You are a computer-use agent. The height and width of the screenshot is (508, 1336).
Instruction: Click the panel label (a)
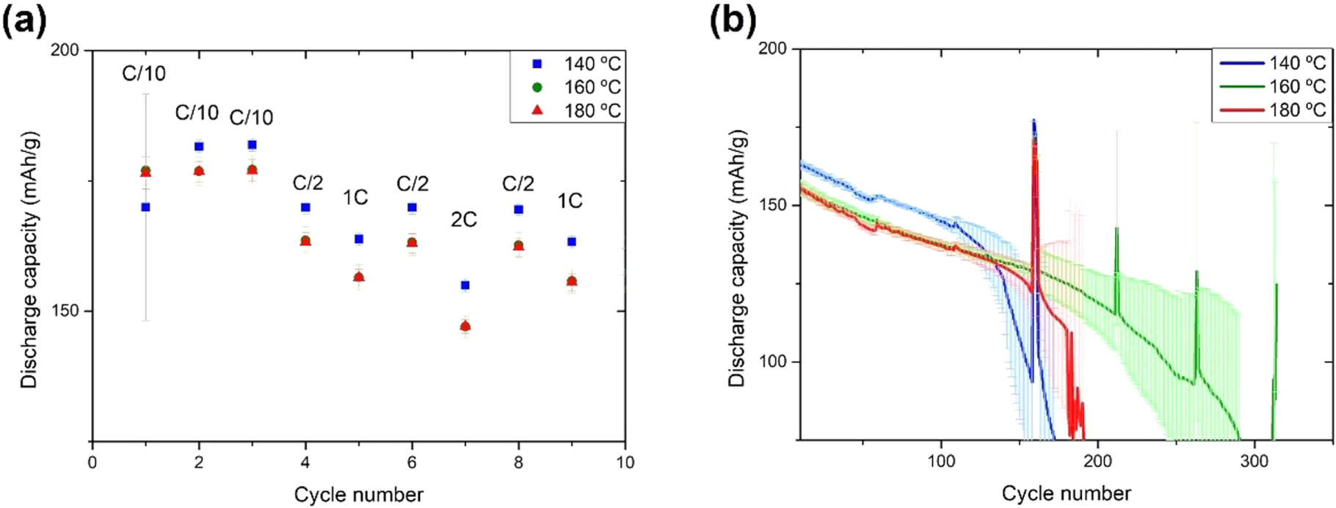tap(24, 22)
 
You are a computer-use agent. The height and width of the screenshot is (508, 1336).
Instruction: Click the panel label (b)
tap(732, 22)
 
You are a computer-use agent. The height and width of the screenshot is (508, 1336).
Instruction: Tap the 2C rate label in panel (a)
tap(464, 219)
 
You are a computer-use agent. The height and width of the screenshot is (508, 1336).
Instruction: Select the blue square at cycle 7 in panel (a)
tap(465, 285)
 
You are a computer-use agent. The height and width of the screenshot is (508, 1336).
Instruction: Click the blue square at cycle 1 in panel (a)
tap(145, 207)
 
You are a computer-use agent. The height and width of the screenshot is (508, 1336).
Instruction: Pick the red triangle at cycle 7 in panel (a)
tap(465, 326)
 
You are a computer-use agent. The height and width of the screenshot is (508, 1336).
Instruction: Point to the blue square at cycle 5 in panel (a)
tap(359, 239)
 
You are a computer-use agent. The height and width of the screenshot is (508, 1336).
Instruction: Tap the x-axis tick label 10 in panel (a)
tap(625, 462)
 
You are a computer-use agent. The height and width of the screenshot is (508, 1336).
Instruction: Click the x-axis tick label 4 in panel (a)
tap(305, 462)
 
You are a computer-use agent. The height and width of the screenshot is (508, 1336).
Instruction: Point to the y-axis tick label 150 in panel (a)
tap(65, 311)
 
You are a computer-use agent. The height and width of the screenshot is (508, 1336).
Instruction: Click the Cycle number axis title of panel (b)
tap(1066, 493)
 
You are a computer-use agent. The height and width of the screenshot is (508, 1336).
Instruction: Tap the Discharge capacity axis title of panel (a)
tap(29, 261)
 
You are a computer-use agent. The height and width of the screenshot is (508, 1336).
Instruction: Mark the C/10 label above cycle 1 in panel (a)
tap(144, 73)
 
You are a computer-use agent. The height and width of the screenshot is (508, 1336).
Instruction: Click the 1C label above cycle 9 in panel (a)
tap(570, 201)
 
